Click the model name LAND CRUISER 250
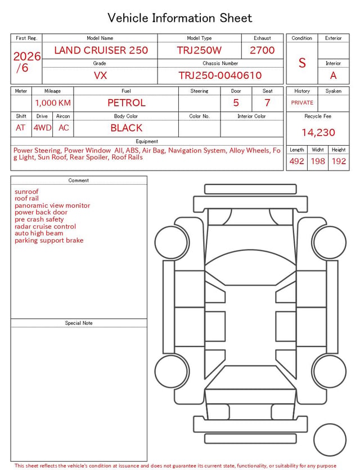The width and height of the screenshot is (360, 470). (101, 50)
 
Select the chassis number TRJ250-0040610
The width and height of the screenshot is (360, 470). (220, 75)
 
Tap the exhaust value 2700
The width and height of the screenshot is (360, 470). (262, 50)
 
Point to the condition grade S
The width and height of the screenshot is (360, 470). (302, 63)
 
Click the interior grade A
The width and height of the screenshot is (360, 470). (333, 75)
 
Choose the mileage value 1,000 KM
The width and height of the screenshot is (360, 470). (53, 103)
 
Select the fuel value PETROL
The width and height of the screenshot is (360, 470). (126, 103)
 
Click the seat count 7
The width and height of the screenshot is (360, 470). (267, 103)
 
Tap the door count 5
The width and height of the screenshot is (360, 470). (236, 103)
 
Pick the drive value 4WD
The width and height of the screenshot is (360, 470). (42, 128)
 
